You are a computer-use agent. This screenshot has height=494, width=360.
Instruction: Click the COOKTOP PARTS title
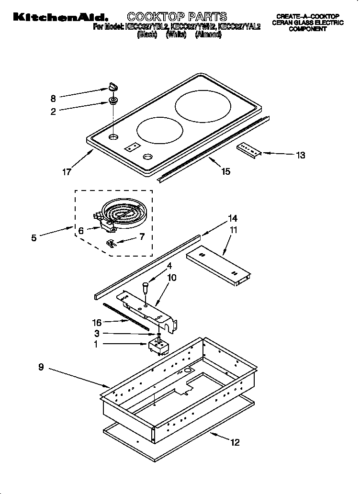[177, 17]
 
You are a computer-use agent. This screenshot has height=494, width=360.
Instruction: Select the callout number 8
[53, 99]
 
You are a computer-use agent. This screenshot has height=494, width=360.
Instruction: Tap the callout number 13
[300, 155]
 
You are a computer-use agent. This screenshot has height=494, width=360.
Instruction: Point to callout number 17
[66, 171]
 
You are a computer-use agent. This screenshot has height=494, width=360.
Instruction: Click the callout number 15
[225, 171]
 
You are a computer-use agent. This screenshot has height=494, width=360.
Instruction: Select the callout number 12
[234, 442]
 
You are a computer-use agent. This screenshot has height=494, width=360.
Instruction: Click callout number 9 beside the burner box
[41, 367]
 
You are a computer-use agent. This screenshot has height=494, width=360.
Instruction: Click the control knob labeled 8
[112, 87]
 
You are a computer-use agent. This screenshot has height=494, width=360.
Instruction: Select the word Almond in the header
[208, 34]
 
